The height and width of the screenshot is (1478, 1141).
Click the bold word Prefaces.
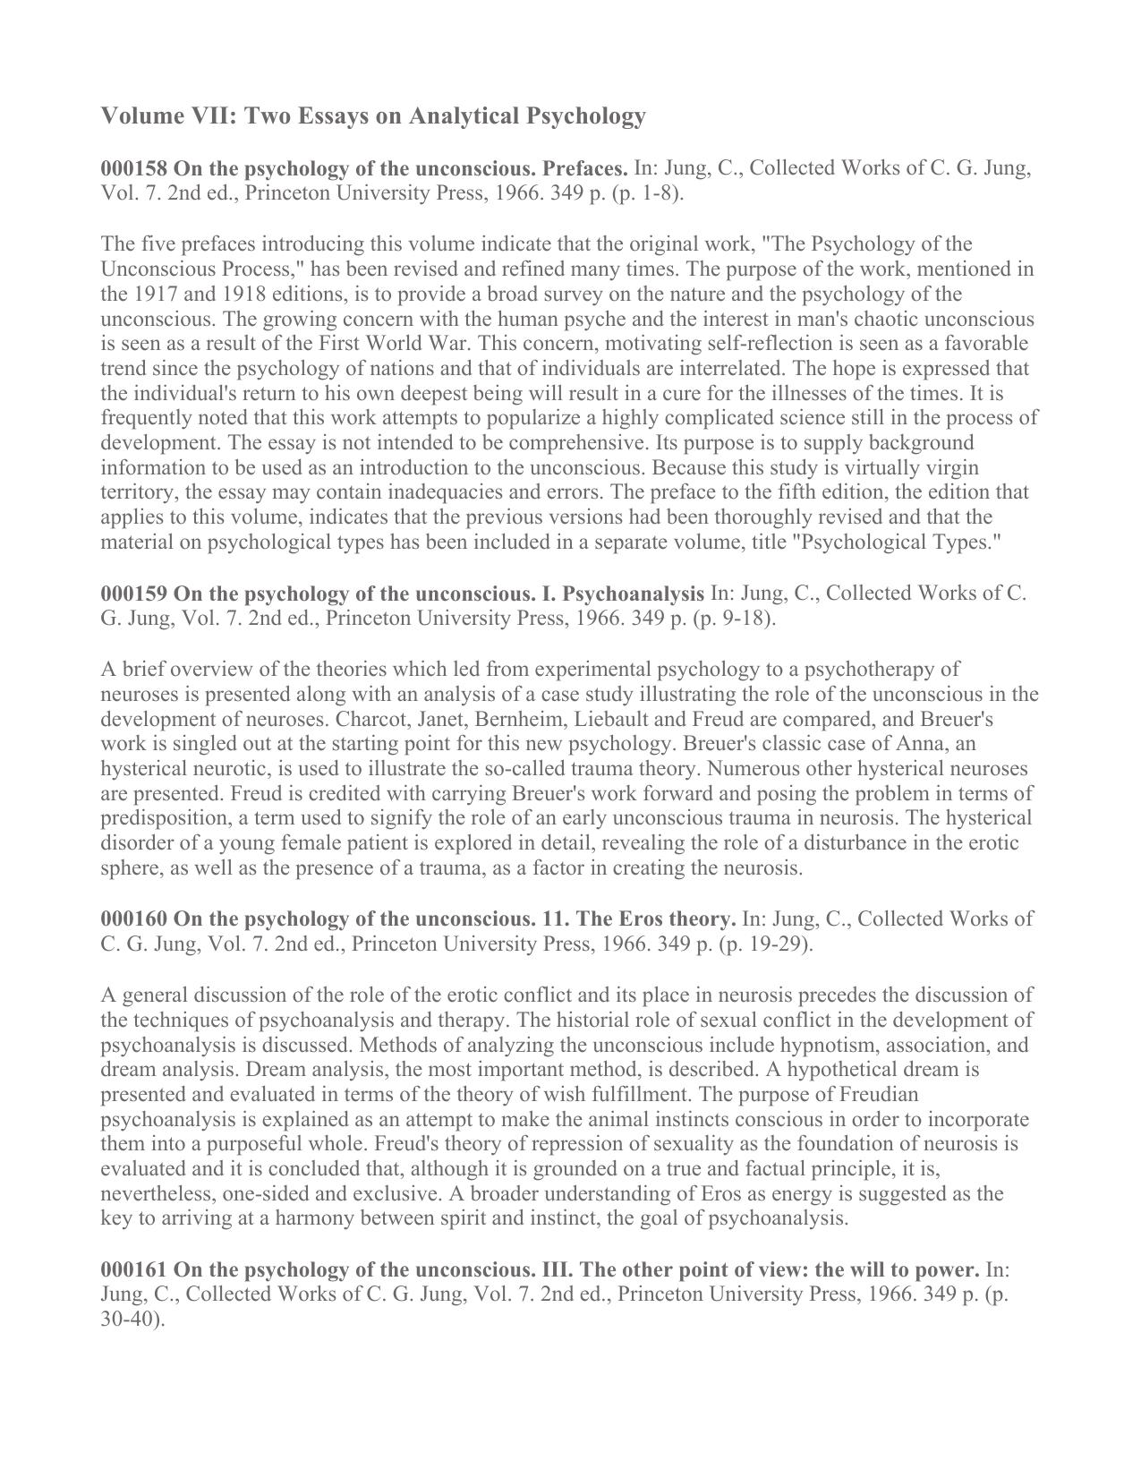585,168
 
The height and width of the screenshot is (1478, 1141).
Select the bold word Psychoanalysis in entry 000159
633,594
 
